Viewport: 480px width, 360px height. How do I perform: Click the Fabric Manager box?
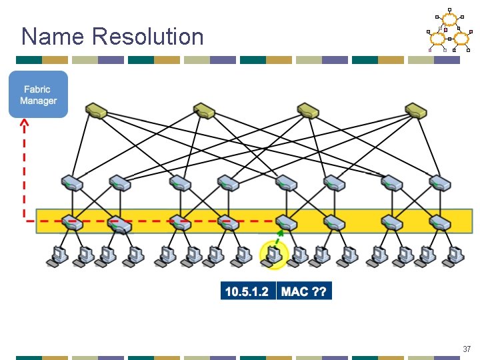pyautogui.click(x=38, y=95)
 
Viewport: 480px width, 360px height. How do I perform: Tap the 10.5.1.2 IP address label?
pyautogui.click(x=248, y=291)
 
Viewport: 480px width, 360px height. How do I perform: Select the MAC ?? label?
pyautogui.click(x=304, y=291)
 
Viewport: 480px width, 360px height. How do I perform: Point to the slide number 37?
pyautogui.click(x=467, y=349)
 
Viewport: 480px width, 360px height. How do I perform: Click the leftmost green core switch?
pyautogui.click(x=97, y=110)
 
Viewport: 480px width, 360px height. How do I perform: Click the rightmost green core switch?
pyautogui.click(x=416, y=110)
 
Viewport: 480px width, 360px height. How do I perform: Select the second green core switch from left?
pyautogui.click(x=203, y=110)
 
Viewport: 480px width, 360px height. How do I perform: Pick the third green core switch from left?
pyautogui.click(x=309, y=110)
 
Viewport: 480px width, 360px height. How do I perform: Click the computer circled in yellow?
pyautogui.click(x=273, y=255)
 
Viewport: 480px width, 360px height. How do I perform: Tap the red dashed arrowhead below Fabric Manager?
pyautogui.click(x=24, y=123)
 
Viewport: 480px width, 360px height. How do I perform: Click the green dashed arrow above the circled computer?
pyautogui.click(x=279, y=237)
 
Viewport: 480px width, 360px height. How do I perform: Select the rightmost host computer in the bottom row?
pyautogui.click(x=456, y=255)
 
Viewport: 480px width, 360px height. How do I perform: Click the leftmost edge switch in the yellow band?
pyautogui.click(x=71, y=222)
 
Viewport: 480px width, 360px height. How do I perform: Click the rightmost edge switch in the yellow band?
pyautogui.click(x=441, y=222)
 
